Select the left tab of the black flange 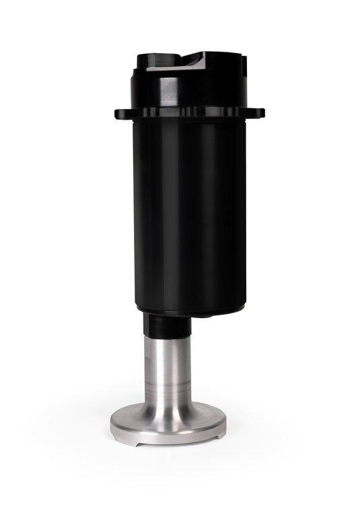tap(120, 112)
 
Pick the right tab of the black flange tap(259, 112)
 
